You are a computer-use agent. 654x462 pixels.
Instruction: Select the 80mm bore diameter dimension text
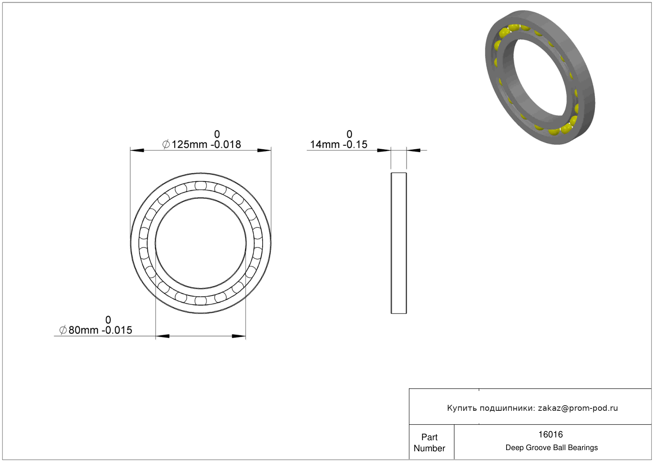pyautogui.click(x=83, y=330)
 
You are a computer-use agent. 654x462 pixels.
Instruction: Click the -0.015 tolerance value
pyautogui.click(x=117, y=330)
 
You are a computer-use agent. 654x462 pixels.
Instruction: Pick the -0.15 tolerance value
pyautogui.click(x=355, y=144)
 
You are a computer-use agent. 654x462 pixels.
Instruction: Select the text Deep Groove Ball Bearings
pyautogui.click(x=551, y=448)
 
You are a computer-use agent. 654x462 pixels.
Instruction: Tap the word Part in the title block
pyautogui.click(x=429, y=437)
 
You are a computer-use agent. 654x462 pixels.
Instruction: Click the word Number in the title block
pyautogui.click(x=429, y=448)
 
